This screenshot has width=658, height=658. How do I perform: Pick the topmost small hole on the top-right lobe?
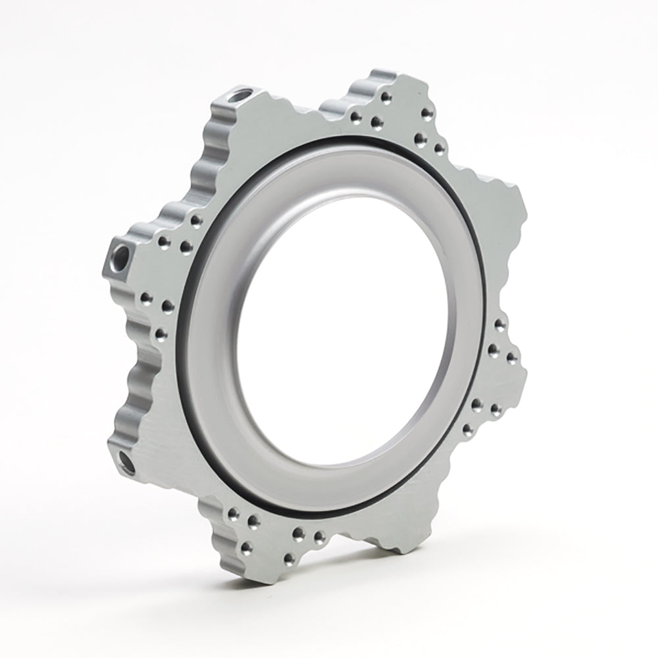(x=384, y=96)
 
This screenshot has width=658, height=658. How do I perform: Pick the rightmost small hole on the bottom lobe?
(x=320, y=538)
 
